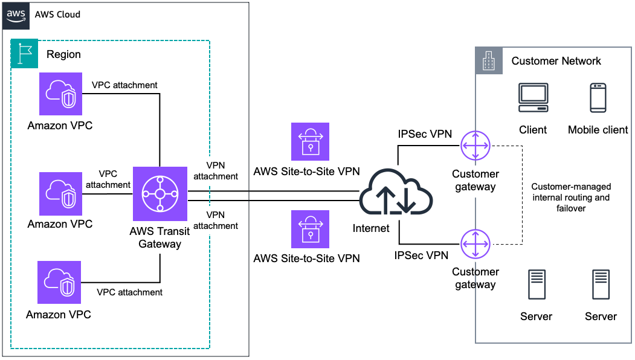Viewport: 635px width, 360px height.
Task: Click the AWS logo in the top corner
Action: coord(17,14)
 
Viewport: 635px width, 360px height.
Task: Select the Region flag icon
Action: coord(24,53)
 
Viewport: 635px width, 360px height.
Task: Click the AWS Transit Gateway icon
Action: coord(160,194)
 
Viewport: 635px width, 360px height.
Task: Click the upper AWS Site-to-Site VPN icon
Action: coord(310,142)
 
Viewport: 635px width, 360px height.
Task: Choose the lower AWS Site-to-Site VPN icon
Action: coord(310,230)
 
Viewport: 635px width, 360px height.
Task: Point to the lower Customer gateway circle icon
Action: coord(475,244)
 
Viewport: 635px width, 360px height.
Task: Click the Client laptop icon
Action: coord(533,98)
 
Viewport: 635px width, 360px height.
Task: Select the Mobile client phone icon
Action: coord(598,98)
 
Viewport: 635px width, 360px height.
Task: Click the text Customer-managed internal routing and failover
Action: coord(570,197)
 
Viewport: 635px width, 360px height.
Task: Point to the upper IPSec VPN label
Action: coord(425,134)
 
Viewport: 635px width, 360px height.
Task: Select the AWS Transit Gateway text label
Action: coord(160,237)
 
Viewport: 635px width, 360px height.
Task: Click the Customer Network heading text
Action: coord(556,61)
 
